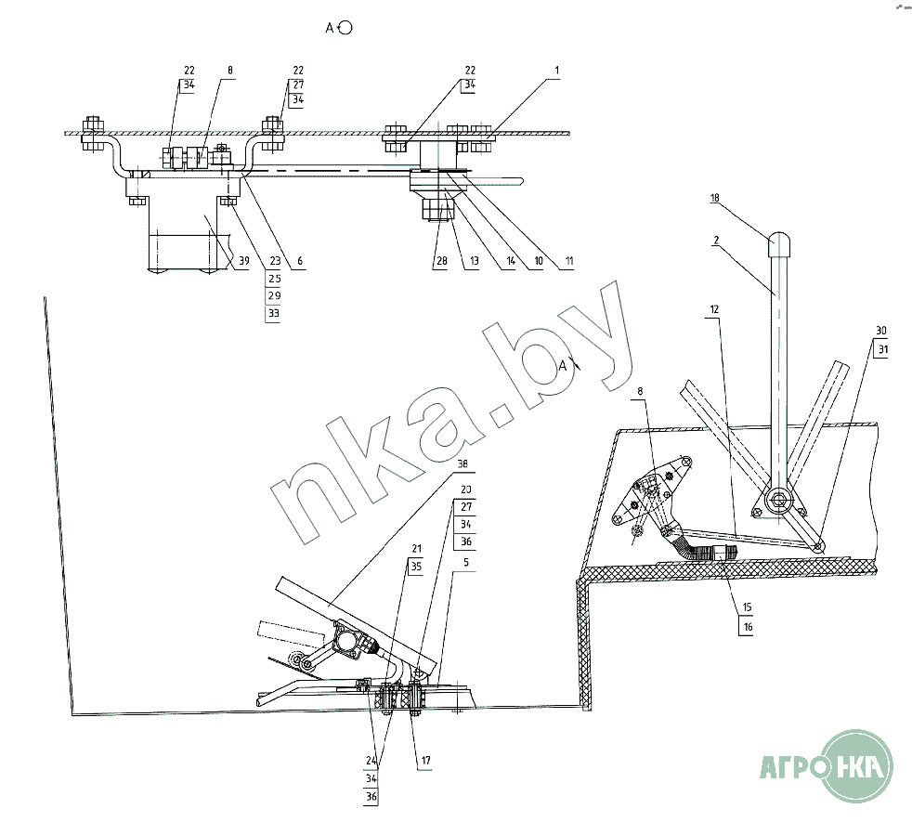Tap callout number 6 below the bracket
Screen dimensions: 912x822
[299, 263]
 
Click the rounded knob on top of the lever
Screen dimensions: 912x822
[778, 244]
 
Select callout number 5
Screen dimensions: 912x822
[454, 561]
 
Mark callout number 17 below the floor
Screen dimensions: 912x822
[425, 761]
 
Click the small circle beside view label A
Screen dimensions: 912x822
[345, 28]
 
